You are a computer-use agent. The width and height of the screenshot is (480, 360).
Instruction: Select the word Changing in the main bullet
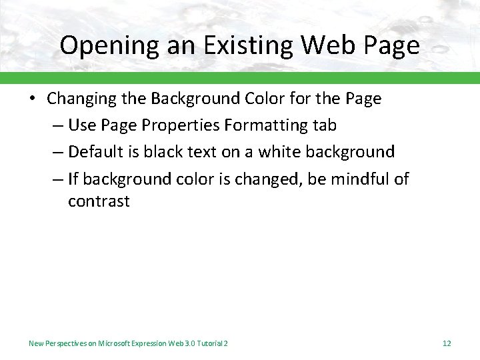click(x=79, y=99)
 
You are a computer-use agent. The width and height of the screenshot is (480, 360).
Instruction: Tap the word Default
click(x=93, y=152)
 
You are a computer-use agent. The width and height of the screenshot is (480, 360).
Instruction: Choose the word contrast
click(x=99, y=201)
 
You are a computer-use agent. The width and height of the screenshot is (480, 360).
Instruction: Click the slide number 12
click(x=447, y=343)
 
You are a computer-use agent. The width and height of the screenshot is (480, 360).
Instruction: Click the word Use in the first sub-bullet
click(x=82, y=125)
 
